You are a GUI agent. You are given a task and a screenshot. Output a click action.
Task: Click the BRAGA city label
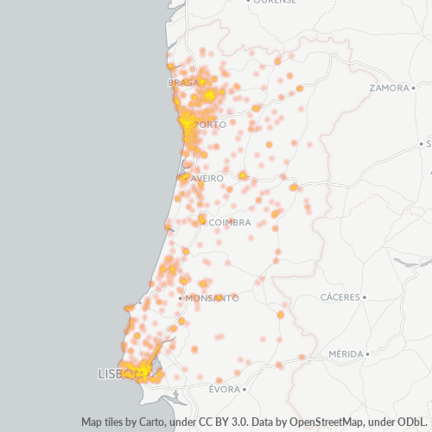(183, 83)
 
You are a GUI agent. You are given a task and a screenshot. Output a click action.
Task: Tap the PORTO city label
(212, 124)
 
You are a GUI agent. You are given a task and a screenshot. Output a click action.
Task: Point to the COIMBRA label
(230, 222)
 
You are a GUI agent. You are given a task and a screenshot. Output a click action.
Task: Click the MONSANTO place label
(212, 298)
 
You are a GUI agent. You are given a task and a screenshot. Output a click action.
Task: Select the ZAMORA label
(388, 88)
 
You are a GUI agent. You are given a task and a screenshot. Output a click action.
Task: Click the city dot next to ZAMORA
(413, 88)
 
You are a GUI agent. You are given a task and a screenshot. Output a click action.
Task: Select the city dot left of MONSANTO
(179, 298)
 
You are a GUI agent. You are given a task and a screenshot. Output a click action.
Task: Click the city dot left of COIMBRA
(203, 222)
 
